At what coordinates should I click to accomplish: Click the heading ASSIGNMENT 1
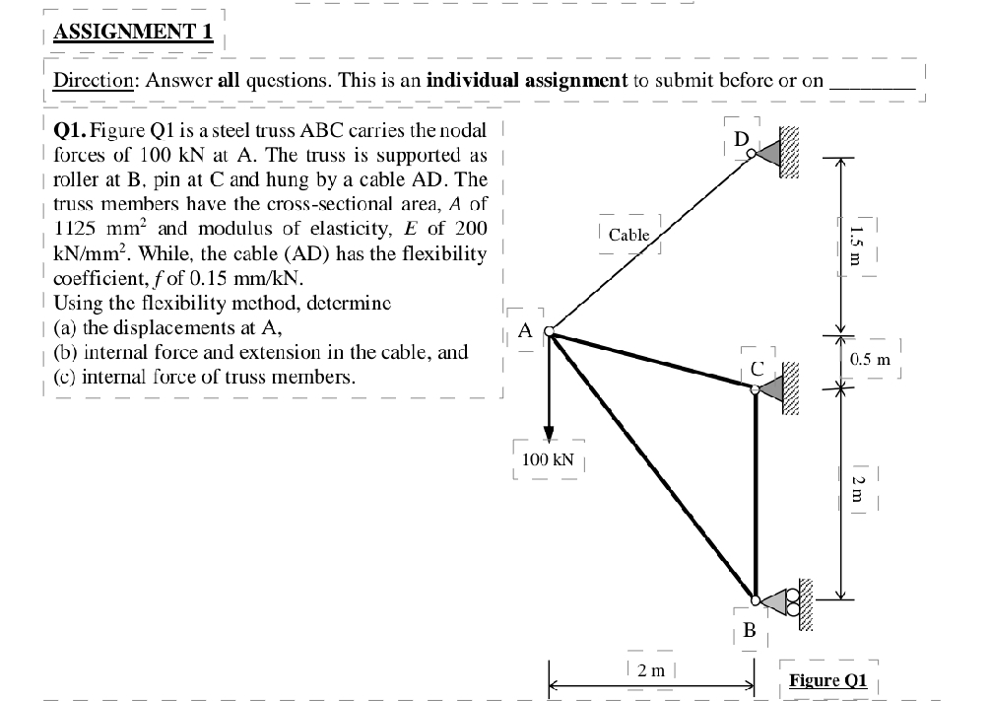coord(133,31)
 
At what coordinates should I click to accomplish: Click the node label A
coord(525,330)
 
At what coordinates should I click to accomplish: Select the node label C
coord(758,368)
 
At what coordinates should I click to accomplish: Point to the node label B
coord(749,628)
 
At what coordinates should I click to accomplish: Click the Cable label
coord(629,235)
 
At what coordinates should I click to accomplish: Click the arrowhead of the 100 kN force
coord(550,437)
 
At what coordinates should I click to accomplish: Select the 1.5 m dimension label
coord(856,242)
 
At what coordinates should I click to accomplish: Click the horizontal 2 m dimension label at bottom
coord(651,670)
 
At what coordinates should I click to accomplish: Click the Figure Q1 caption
coord(828,679)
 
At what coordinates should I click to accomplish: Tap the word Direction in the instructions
coord(95,81)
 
